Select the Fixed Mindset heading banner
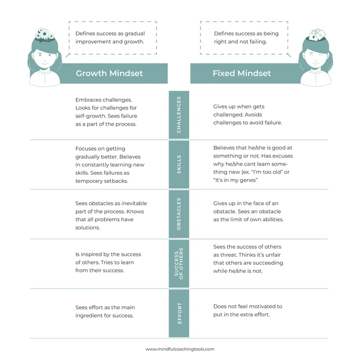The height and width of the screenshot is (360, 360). point(242,73)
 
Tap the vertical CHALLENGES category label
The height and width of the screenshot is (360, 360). point(179,114)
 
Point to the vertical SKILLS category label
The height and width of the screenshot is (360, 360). point(179,164)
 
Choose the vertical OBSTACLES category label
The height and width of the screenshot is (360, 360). point(179,214)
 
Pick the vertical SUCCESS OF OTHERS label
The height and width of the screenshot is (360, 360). point(179,263)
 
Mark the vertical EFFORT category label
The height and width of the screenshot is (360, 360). point(179,313)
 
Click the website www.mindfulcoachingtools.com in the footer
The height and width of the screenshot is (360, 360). point(180,349)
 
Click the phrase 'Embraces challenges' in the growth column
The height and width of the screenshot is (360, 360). point(104,100)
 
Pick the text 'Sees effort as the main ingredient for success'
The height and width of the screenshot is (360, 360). point(104,311)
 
